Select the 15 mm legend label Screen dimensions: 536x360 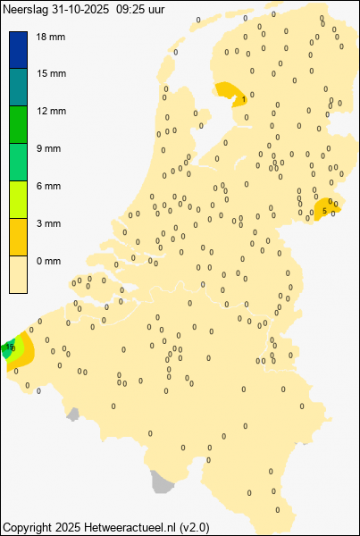click(49, 73)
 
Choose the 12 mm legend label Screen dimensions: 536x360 click(49, 111)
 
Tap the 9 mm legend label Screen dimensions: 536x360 click(46, 148)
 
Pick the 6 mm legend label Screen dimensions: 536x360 click(46, 186)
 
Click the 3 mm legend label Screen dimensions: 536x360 click(46, 223)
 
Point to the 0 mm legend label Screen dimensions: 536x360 click(46, 261)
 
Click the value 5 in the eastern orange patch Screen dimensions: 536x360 click(324, 212)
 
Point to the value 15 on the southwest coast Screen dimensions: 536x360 click(10, 347)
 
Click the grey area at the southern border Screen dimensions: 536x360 click(161, 482)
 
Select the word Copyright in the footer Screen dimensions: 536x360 click(28, 528)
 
